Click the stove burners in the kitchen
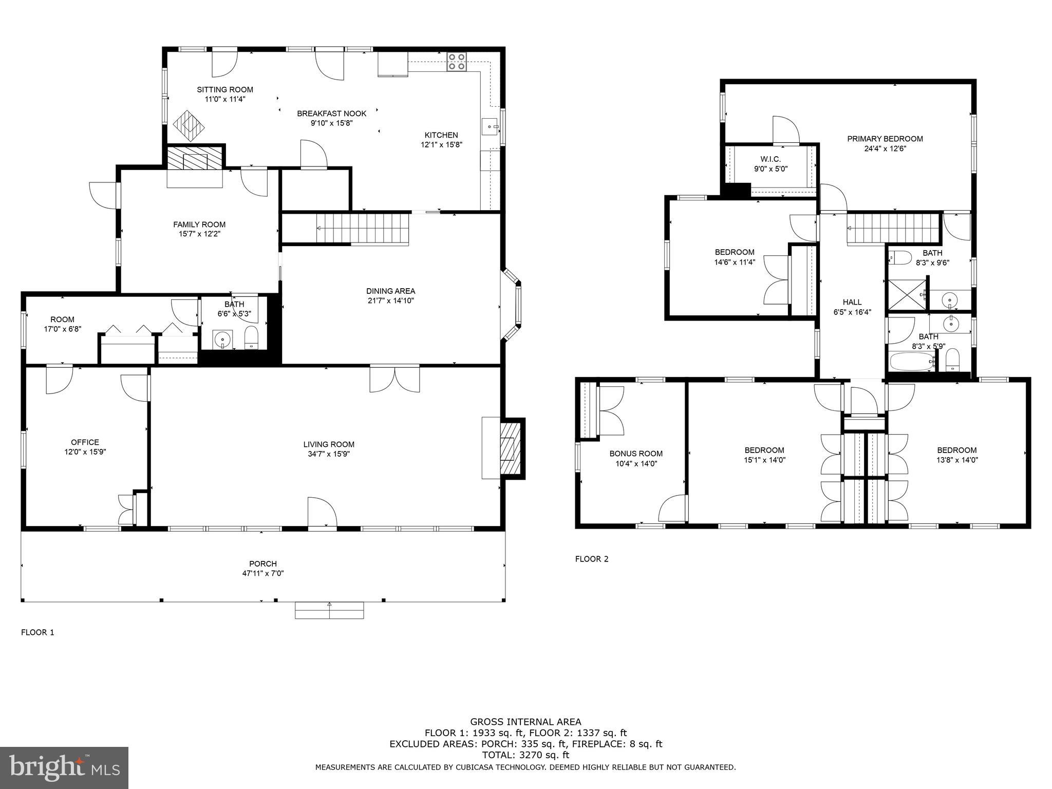pos(456,62)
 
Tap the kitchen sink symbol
pos(491,126)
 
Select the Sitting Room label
pos(225,89)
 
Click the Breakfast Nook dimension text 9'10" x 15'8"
pos(331,123)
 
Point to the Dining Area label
pos(390,291)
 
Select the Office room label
pos(85,442)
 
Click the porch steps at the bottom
pos(329,610)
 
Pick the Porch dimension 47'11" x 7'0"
pos(263,573)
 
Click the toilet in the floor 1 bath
pos(251,337)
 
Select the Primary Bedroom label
pos(885,139)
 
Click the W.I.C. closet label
pos(771,159)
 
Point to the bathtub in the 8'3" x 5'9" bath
pos(910,362)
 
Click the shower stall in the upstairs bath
pos(907,294)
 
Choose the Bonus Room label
pos(636,454)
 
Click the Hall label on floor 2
pos(852,302)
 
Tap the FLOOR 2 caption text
pos(591,559)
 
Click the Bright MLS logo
pos(64,767)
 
